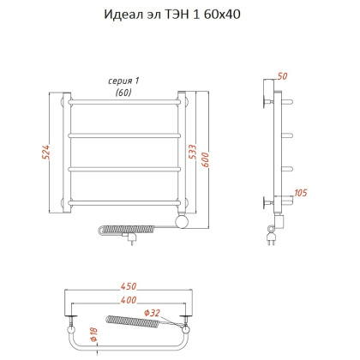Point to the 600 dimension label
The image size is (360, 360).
tap(206, 153)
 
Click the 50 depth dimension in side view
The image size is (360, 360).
tap(284, 76)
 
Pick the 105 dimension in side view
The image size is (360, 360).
tap(300, 194)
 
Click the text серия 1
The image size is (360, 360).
tap(123, 81)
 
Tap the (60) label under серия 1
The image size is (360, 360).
tap(123, 92)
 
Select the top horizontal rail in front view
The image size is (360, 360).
tap(123, 101)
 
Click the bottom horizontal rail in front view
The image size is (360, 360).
tap(123, 202)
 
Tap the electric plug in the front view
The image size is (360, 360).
tap(130, 241)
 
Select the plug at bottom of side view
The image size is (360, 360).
tap(273, 241)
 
